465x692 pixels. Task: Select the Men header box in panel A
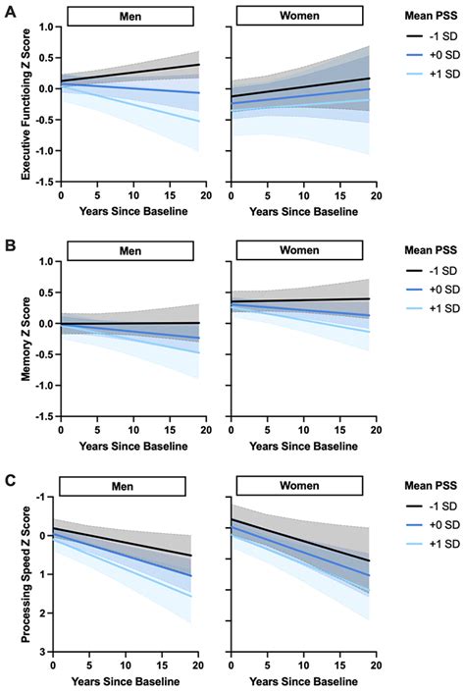tap(123, 18)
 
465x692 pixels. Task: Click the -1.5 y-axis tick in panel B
tap(40, 416)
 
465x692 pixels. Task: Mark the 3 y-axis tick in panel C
tap(48, 650)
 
